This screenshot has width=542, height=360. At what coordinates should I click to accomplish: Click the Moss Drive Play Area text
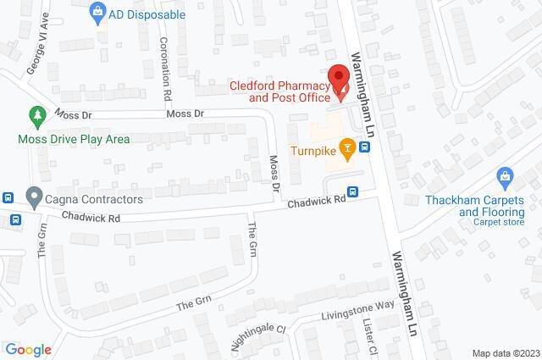pyautogui.click(x=75, y=138)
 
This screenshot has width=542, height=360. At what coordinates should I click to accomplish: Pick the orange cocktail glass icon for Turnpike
pyautogui.click(x=346, y=149)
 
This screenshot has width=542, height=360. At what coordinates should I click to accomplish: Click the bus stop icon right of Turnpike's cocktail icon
pyautogui.click(x=365, y=147)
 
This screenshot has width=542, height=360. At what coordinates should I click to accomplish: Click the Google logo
pyautogui.click(x=28, y=350)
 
